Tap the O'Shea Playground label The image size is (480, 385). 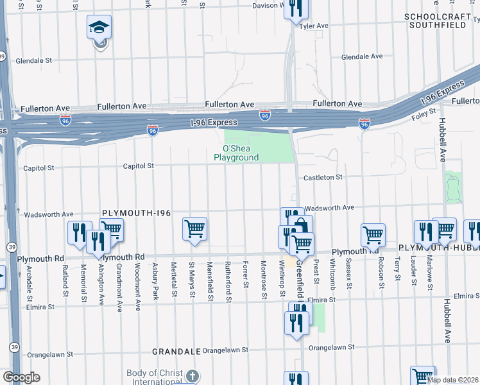pos(236,153)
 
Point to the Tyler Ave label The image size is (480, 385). pos(314,26)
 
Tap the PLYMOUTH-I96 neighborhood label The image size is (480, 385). pos(135,212)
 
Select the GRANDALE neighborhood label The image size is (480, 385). pos(176,352)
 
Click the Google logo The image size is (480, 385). pos(21,377)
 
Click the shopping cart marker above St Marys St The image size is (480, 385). pos(194,228)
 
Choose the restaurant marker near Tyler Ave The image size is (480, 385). pos(296,9)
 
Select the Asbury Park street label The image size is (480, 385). pos(155,275)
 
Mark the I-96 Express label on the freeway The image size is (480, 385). pos(214,123)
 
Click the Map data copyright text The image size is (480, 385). pos(452,380)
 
